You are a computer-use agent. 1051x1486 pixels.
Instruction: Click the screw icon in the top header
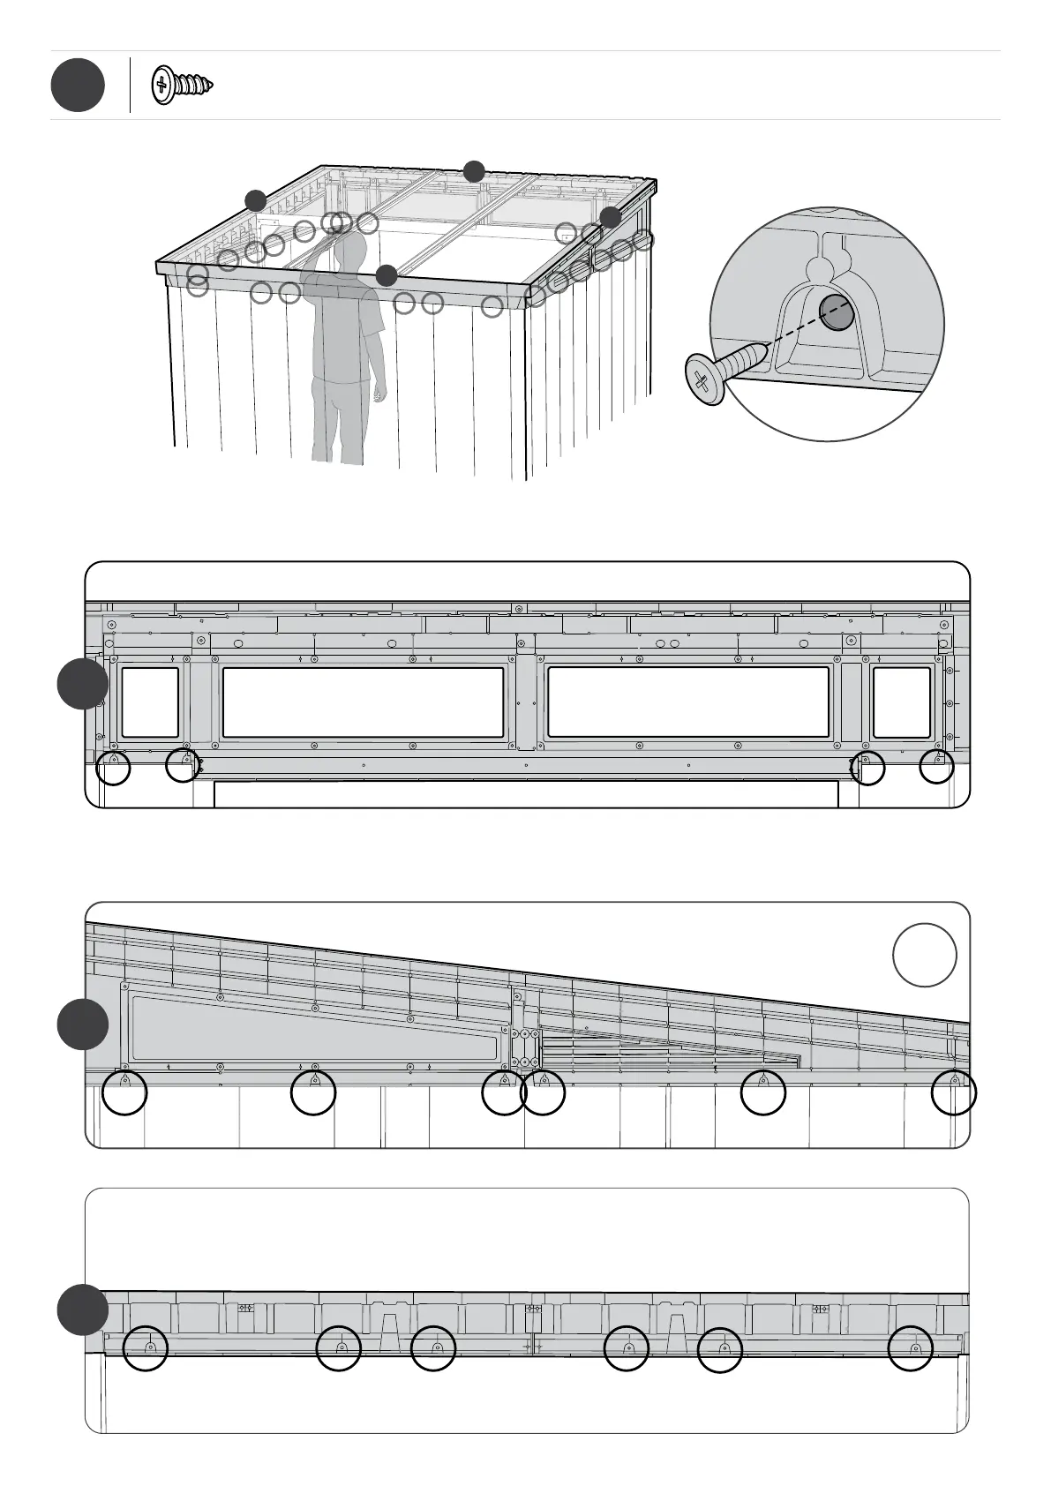[184, 86]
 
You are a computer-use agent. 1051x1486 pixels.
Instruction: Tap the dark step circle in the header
[78, 86]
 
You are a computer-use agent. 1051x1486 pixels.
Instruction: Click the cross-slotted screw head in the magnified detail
[703, 380]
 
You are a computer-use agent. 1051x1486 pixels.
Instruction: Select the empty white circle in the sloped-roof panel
[925, 956]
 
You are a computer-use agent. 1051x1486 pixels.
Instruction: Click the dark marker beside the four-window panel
[83, 684]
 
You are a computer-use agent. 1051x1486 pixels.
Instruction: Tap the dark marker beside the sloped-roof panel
[83, 1025]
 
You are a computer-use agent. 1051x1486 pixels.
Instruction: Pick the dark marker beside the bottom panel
[83, 1310]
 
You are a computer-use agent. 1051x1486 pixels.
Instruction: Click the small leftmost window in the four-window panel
[150, 702]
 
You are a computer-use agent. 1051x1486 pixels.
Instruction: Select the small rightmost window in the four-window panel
[901, 702]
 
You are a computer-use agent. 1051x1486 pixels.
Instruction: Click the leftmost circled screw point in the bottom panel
[146, 1349]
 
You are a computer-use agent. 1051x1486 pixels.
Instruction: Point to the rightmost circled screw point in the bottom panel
[911, 1349]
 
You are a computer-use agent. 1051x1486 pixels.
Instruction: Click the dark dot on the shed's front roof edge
[386, 275]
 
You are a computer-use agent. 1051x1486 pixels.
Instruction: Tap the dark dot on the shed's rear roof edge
[475, 171]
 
